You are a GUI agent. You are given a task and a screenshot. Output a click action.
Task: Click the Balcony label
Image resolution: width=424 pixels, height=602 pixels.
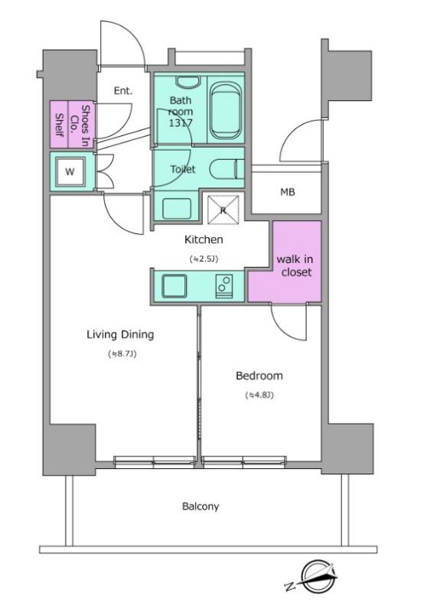(x=201, y=506)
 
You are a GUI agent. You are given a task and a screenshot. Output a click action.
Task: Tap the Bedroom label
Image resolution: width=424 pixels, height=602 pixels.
(x=259, y=376)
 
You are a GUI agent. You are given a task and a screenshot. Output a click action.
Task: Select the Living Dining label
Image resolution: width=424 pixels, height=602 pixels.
(x=120, y=334)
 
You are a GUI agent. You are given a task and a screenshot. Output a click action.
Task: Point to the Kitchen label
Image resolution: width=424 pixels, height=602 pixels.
(x=204, y=239)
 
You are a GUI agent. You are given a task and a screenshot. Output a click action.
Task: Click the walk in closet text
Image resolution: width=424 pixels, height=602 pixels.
(x=295, y=265)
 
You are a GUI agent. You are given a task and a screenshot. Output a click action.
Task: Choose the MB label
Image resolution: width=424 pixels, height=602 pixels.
(x=287, y=192)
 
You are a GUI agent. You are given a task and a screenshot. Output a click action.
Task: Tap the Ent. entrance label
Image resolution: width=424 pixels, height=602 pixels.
(x=123, y=91)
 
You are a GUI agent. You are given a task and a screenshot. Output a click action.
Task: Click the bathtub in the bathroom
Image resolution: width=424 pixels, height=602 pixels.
(x=227, y=111)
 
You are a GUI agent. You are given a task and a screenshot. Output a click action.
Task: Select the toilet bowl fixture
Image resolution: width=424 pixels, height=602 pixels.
(x=227, y=169)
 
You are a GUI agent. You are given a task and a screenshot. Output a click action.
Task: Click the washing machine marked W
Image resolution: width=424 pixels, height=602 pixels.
(x=70, y=171)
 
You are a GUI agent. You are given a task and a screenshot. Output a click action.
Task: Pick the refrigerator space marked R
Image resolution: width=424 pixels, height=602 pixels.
(x=223, y=210)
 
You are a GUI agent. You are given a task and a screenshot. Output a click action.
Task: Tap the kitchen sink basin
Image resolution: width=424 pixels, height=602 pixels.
(x=174, y=286)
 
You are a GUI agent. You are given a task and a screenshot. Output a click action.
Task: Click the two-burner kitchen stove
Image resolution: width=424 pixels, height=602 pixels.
(x=224, y=286)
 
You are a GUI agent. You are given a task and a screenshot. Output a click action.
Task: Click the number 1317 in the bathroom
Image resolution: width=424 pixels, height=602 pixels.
(x=181, y=123)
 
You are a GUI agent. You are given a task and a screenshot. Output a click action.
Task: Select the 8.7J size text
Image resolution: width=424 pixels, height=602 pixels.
(x=122, y=354)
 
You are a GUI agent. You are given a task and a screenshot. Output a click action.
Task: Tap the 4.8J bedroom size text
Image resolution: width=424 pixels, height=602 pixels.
(x=259, y=395)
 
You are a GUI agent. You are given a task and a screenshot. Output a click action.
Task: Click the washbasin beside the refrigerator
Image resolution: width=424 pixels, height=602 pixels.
(x=177, y=209)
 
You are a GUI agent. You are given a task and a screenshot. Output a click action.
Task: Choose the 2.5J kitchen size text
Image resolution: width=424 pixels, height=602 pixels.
(x=204, y=259)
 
